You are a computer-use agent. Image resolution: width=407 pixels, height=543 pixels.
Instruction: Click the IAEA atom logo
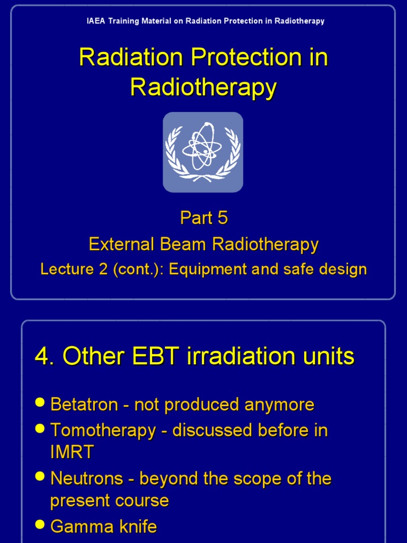tap(203, 152)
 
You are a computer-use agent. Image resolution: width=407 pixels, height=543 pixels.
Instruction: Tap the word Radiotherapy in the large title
tap(203, 87)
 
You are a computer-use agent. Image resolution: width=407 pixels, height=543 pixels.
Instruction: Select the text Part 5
tap(203, 218)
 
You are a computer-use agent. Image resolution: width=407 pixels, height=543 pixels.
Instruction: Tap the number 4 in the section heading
tap(41, 356)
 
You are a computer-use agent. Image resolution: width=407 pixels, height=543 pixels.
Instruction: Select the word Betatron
tap(84, 405)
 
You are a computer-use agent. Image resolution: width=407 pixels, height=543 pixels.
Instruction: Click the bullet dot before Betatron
tap(40, 402)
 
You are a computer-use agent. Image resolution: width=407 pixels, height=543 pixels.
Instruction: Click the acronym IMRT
tap(72, 452)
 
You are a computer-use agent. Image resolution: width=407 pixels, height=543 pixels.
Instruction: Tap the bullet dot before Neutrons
tap(40, 476)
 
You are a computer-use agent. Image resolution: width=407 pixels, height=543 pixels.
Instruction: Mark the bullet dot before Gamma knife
tap(40, 524)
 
